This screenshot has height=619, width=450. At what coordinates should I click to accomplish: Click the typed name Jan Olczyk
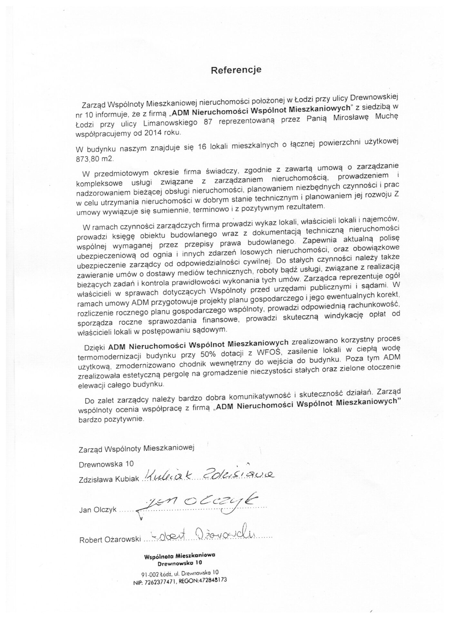(98, 510)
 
